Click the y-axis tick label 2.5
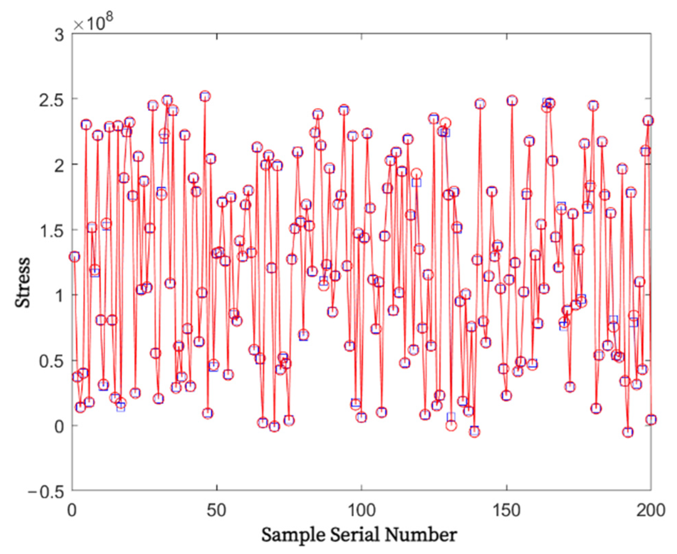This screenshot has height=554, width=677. [51, 99]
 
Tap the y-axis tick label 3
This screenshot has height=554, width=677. [59, 35]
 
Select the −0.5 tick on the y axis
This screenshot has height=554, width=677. [46, 492]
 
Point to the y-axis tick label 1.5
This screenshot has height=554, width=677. [51, 230]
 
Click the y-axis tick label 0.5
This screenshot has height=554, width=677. [51, 361]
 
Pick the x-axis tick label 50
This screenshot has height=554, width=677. [217, 510]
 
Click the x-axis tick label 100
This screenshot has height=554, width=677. [361, 510]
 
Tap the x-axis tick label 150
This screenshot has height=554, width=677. [507, 510]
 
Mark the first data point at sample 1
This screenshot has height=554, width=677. [74, 257]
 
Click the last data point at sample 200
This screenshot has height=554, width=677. [651, 420]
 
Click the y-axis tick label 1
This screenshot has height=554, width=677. [59, 296]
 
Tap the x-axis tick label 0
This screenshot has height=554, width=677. [72, 510]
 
